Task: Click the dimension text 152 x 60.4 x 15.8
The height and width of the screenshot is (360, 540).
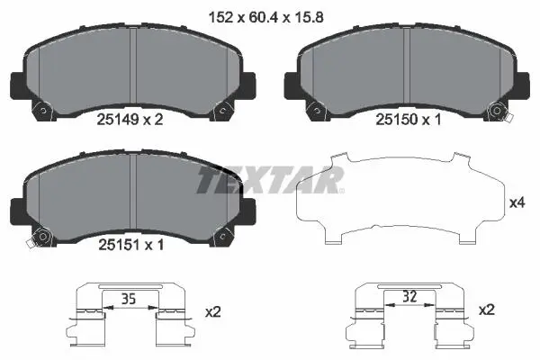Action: [266, 17]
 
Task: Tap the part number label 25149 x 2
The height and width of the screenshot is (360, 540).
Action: [130, 120]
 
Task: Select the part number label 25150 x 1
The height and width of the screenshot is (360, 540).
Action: [408, 120]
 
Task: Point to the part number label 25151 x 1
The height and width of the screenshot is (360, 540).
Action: [131, 245]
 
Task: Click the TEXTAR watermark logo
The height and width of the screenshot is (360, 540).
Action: [270, 180]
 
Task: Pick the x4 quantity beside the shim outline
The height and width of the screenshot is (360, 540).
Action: [517, 202]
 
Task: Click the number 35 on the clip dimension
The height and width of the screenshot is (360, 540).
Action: [129, 299]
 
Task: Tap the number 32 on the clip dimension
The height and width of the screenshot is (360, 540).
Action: [409, 296]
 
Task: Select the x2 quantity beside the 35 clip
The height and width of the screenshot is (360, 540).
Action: [212, 312]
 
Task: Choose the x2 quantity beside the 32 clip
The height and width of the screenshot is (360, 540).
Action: [487, 310]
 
